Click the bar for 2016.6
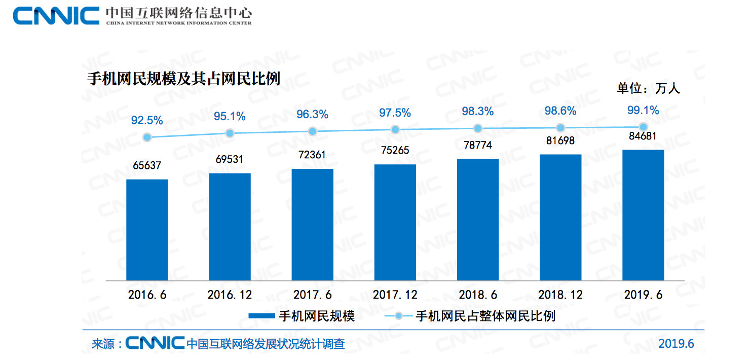pos(147,230)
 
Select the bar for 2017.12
pos(395,222)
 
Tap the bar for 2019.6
pos(643,215)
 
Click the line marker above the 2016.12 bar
pos(230,133)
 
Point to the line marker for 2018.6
pos(478,128)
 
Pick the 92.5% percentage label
pos(147,121)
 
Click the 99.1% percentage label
pos(643,110)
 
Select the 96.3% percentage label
pos(312,115)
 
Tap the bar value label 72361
pos(312,155)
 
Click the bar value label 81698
pos(560,140)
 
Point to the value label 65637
pos(147,166)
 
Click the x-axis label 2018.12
pos(560,295)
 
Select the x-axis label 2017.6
pos(312,295)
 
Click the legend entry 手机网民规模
pos(302,316)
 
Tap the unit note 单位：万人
pos(648,88)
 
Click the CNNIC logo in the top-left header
pos(56,16)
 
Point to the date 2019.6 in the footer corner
pos(676,344)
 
